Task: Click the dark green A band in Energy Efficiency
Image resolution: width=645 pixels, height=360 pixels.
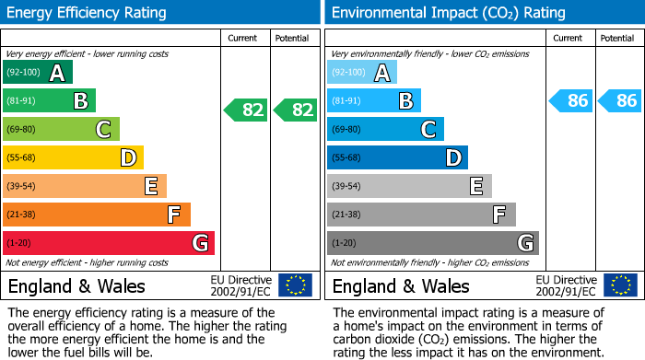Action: coord(38,73)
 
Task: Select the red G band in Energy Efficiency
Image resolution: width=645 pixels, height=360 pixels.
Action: coord(109,243)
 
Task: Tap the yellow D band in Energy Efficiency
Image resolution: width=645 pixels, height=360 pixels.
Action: coord(73,158)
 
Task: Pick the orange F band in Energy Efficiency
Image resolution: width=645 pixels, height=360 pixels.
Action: coord(97,215)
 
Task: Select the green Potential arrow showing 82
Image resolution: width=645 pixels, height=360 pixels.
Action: coord(296,110)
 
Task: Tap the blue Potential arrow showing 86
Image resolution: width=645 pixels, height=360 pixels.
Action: coord(620,101)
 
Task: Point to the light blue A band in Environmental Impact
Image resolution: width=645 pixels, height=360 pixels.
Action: coord(362,73)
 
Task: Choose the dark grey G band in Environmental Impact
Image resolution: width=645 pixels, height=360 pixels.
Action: coord(433,243)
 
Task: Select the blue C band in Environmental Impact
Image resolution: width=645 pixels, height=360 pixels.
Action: coord(385,130)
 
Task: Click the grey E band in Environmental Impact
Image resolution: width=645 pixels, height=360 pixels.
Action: coord(409,187)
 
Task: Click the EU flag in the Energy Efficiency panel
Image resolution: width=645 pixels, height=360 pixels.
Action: coord(295,285)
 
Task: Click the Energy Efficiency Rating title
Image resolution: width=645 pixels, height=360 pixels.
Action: coord(88,13)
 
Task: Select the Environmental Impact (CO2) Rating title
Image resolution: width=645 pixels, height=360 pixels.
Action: coord(448,13)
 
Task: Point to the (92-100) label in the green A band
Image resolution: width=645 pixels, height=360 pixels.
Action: coord(23,73)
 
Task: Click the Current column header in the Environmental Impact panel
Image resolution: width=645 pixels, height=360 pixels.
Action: coord(569,38)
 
